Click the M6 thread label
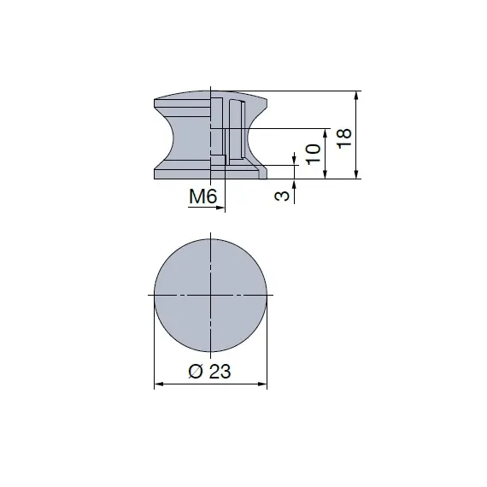coord(204,197)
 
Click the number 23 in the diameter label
coord(220,371)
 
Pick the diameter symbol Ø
coord(196,371)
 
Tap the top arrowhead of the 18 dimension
coord(355,95)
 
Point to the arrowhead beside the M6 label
coord(220,207)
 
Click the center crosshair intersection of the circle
coord(210,294)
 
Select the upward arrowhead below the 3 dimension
coord(295,185)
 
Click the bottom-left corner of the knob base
coord(155,178)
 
